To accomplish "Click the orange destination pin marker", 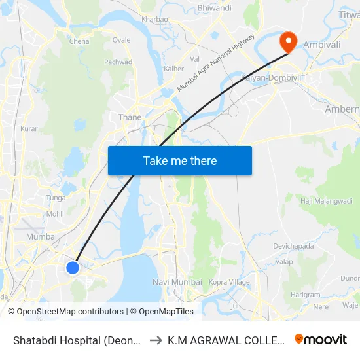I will (288, 43).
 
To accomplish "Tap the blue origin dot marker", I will (73, 267).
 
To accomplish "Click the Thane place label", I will (130, 117).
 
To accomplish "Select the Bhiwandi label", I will (214, 8).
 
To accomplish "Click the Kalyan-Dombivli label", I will (269, 77).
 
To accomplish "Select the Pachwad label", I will (118, 62).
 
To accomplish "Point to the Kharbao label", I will (154, 20).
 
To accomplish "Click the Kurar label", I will (29, 129).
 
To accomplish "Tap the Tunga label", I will (56, 198).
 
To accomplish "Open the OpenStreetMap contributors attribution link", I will (70, 312).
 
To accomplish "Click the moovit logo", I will (321, 340).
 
